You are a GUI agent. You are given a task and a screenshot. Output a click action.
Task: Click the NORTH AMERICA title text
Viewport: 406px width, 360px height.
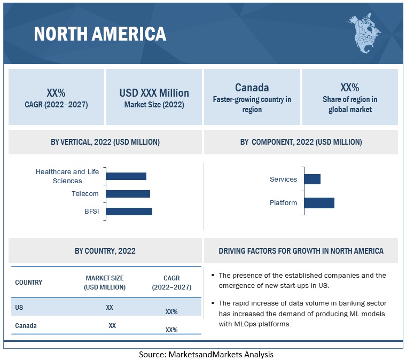100,34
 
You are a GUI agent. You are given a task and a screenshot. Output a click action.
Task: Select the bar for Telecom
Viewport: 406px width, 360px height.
128,194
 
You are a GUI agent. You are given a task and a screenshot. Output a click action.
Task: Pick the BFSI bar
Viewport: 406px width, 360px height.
129,211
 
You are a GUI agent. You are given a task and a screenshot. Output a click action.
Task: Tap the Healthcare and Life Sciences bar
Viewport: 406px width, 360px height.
126,176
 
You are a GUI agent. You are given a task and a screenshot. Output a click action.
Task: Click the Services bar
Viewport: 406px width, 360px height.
312,179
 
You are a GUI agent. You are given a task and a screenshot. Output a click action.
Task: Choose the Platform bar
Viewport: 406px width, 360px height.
319,203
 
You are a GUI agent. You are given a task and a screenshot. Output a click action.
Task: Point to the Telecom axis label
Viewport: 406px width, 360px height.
85,194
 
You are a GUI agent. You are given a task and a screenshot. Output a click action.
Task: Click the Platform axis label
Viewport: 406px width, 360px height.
283,203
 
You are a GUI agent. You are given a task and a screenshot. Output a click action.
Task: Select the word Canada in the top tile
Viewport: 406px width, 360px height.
252,88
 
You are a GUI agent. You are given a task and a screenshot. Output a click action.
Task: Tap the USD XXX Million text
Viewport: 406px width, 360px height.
154,93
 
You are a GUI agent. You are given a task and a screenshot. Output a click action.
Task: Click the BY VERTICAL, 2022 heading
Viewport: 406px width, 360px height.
105,142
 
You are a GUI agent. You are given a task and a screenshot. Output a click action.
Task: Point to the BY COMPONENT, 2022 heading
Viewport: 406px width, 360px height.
301,142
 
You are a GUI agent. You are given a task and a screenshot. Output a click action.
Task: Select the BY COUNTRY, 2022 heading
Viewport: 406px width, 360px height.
105,251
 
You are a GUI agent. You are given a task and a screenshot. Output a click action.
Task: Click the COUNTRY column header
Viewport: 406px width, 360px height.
28,283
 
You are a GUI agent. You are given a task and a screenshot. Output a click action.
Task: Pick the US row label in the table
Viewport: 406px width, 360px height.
19,308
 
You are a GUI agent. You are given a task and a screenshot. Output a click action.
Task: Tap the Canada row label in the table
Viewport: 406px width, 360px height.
26,325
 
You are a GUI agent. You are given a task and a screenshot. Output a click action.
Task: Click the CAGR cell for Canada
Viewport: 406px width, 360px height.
171,330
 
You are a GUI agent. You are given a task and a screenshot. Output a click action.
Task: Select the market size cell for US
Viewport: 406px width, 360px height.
110,308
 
